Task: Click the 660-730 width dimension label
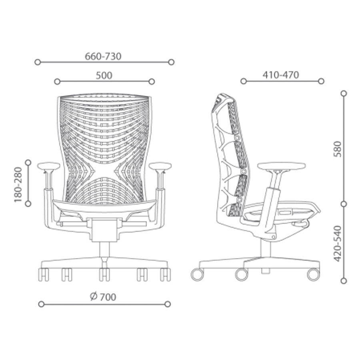[x=103, y=56]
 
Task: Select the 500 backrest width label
[x=104, y=76]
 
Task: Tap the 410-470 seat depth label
[x=281, y=75]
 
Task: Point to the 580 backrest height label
[x=338, y=149]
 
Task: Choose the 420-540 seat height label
[x=338, y=244]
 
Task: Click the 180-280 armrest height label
[x=18, y=185]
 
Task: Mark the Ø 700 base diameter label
[x=103, y=297]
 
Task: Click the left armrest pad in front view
[x=49, y=166]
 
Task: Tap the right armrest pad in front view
[x=160, y=166]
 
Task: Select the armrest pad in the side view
[x=282, y=166]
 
